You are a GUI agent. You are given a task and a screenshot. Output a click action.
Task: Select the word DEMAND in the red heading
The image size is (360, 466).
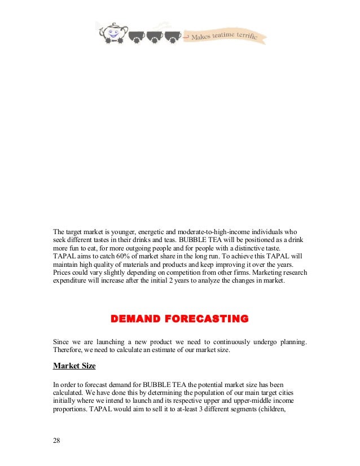pos(137,319)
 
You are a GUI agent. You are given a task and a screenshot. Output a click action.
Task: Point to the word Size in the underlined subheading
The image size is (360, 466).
pos(86,366)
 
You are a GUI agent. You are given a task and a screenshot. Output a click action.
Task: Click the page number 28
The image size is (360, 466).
pos(56,441)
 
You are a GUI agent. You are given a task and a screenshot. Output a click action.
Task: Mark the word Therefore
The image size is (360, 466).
pos(69,350)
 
